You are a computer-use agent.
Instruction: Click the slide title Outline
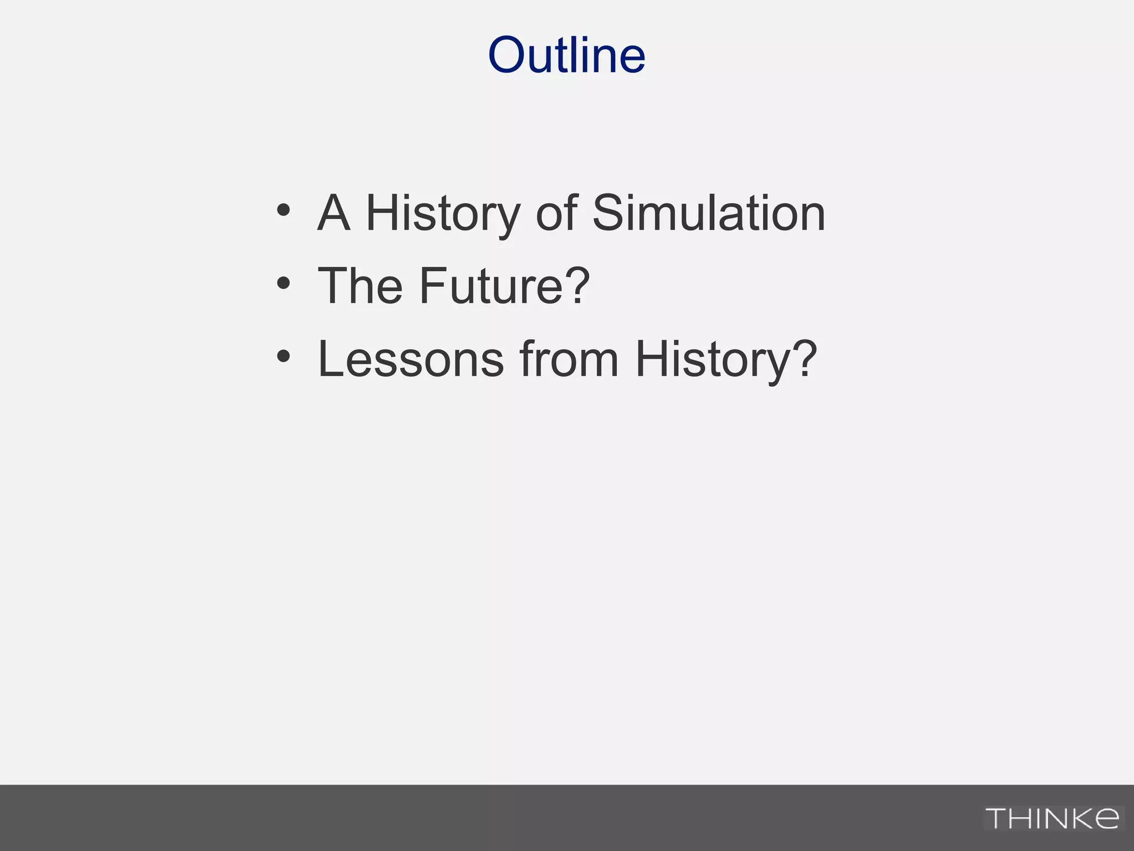click(x=566, y=55)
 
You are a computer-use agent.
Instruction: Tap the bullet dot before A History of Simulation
click(x=283, y=211)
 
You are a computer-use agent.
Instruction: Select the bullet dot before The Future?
click(x=283, y=284)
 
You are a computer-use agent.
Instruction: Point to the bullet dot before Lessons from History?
click(x=283, y=357)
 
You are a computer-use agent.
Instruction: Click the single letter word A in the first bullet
click(x=334, y=213)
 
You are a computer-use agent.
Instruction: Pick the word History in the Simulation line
click(x=443, y=214)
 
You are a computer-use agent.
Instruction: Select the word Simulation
click(x=709, y=213)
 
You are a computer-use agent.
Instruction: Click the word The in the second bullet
click(x=360, y=286)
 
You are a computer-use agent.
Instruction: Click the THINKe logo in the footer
click(x=1052, y=818)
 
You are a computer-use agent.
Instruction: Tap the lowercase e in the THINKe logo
click(x=1105, y=818)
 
